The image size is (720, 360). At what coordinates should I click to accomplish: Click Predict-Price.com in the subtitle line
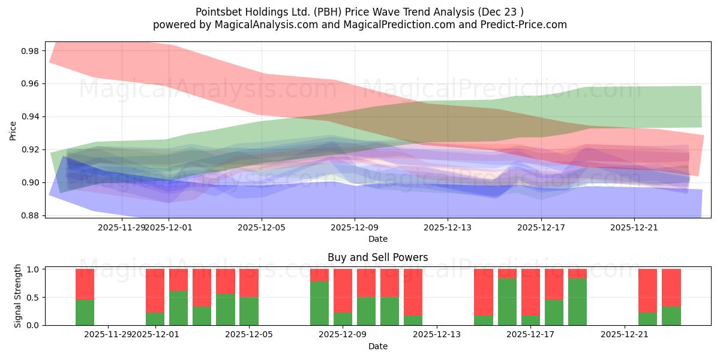[x=527, y=25]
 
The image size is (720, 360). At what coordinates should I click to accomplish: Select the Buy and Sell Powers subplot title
[x=377, y=257]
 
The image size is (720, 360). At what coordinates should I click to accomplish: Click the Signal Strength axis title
[x=18, y=296]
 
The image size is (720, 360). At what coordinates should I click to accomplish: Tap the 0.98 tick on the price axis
[x=29, y=51]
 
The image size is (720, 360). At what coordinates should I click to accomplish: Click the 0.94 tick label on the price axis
[x=29, y=116]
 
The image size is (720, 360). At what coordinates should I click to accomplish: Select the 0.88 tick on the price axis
[x=29, y=215]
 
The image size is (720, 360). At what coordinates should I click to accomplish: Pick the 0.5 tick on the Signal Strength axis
[x=34, y=297]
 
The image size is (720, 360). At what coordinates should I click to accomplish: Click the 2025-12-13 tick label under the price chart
[x=448, y=228]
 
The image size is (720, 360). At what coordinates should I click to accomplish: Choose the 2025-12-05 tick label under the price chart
[x=262, y=228]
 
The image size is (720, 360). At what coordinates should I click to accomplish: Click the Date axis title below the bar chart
[x=377, y=346]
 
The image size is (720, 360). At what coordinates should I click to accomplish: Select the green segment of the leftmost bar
[x=85, y=313]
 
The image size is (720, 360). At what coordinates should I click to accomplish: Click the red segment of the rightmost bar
[x=671, y=287]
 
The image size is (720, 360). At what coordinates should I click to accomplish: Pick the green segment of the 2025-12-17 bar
[x=530, y=320]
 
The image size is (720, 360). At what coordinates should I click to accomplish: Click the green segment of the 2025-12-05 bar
[x=249, y=311]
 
